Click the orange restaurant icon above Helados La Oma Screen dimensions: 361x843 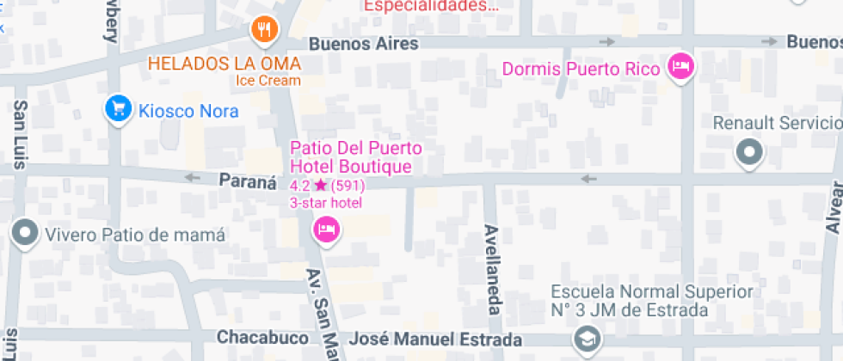265,30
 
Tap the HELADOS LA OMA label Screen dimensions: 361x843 224,64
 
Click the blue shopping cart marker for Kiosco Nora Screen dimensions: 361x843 117,109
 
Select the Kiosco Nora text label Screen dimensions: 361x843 188,111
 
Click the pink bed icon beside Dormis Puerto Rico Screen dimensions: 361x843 681,66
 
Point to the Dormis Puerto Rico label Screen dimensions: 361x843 581,68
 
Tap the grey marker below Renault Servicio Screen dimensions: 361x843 750,153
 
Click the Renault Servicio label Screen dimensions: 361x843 777,123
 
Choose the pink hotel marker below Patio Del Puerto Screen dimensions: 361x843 326,229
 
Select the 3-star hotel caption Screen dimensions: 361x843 326,203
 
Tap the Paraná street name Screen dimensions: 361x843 247,182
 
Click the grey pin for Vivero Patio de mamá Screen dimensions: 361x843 23,233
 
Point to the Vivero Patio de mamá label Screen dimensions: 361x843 135,235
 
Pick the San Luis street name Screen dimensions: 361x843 19,133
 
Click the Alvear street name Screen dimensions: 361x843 833,207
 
